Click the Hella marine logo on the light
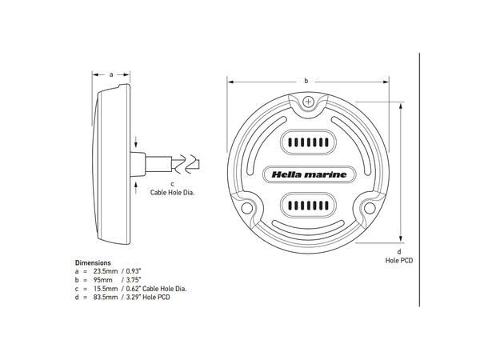[x=306, y=173]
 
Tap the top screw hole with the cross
[x=309, y=102]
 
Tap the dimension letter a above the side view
[x=110, y=72]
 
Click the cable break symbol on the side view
[x=186, y=164]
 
